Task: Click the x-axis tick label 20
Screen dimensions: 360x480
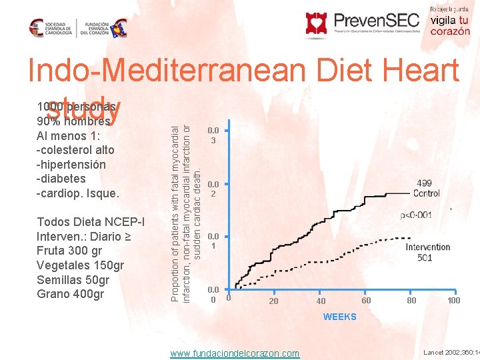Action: (x=273, y=301)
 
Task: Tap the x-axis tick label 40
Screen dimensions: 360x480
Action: (x=321, y=301)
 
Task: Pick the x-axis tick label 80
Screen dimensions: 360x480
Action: (x=411, y=301)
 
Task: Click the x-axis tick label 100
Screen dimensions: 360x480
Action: (x=453, y=301)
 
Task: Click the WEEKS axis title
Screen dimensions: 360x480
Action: (x=339, y=317)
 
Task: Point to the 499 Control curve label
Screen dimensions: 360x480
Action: (x=427, y=188)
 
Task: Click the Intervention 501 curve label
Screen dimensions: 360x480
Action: (x=427, y=253)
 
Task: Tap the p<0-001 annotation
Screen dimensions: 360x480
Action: (x=415, y=215)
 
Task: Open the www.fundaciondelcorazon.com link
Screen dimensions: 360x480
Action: (x=235, y=353)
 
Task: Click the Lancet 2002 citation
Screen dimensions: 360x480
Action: (x=450, y=351)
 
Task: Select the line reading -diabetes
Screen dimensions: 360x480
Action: (x=61, y=179)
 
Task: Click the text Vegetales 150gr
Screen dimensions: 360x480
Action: (x=80, y=265)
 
